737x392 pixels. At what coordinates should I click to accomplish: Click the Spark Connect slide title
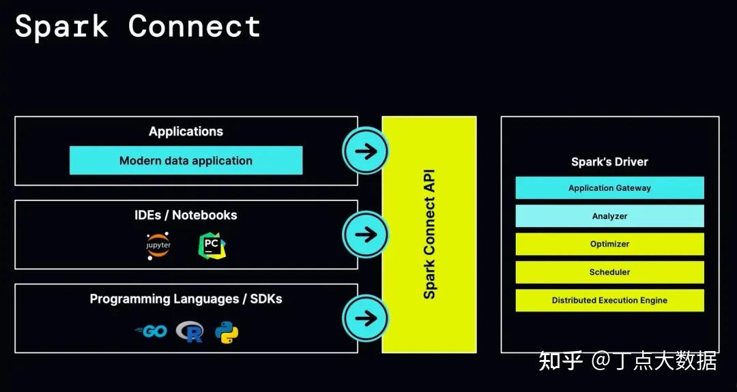tap(137, 27)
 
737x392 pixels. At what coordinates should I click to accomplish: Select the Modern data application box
tap(186, 161)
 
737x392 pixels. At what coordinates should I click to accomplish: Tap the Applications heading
tap(186, 132)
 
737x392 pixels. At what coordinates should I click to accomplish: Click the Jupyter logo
tap(158, 245)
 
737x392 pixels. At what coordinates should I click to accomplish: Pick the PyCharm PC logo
tap(212, 245)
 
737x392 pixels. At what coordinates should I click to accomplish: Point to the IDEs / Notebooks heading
tap(186, 215)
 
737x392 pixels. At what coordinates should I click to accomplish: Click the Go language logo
tap(151, 331)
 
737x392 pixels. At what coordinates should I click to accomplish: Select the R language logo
tap(190, 331)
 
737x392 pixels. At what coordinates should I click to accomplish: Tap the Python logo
tap(227, 332)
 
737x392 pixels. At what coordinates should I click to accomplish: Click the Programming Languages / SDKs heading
tap(186, 299)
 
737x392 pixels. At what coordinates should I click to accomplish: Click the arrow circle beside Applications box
tap(366, 151)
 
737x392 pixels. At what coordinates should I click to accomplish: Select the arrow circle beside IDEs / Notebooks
tap(366, 235)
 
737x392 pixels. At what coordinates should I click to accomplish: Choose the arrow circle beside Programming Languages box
tap(366, 318)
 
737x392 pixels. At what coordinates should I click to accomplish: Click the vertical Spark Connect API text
tap(429, 235)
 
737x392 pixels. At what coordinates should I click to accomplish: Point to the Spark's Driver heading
tap(609, 162)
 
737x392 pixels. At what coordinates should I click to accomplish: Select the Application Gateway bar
tap(609, 188)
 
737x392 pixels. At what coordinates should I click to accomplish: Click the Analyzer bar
tap(609, 216)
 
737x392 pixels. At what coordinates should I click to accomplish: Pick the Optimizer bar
tap(609, 244)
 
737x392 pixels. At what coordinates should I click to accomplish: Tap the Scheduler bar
tap(609, 272)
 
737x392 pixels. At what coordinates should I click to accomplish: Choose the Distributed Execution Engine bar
tap(609, 300)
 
